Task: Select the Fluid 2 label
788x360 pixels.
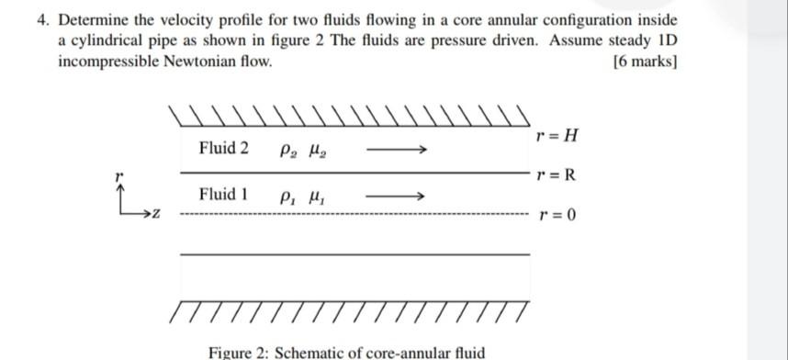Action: coord(223,148)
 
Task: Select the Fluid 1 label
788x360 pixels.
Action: coord(223,195)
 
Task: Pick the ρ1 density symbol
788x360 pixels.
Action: coord(284,197)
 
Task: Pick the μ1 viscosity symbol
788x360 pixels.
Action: coord(313,197)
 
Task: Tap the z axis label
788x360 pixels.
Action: coord(157,216)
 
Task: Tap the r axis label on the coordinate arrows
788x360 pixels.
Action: coord(118,174)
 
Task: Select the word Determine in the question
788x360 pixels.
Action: coord(94,20)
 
